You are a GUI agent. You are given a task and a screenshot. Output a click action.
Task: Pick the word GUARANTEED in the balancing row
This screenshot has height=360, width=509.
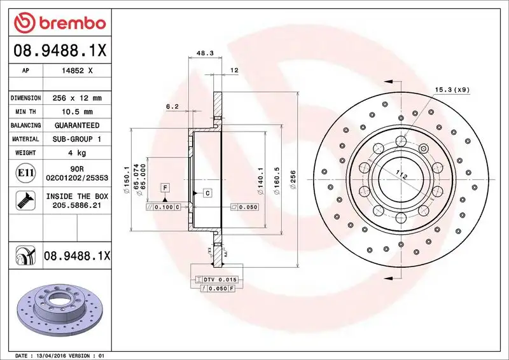coord(77,125)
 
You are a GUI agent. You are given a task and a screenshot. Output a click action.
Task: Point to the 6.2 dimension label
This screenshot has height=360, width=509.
coord(172,107)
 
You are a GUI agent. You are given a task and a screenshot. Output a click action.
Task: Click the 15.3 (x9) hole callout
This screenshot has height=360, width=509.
coord(452,90)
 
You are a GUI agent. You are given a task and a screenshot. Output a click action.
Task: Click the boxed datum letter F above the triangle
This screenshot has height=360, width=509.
coord(165,188)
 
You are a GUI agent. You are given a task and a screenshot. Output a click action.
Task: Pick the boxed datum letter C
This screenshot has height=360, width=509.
coord(207,191)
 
